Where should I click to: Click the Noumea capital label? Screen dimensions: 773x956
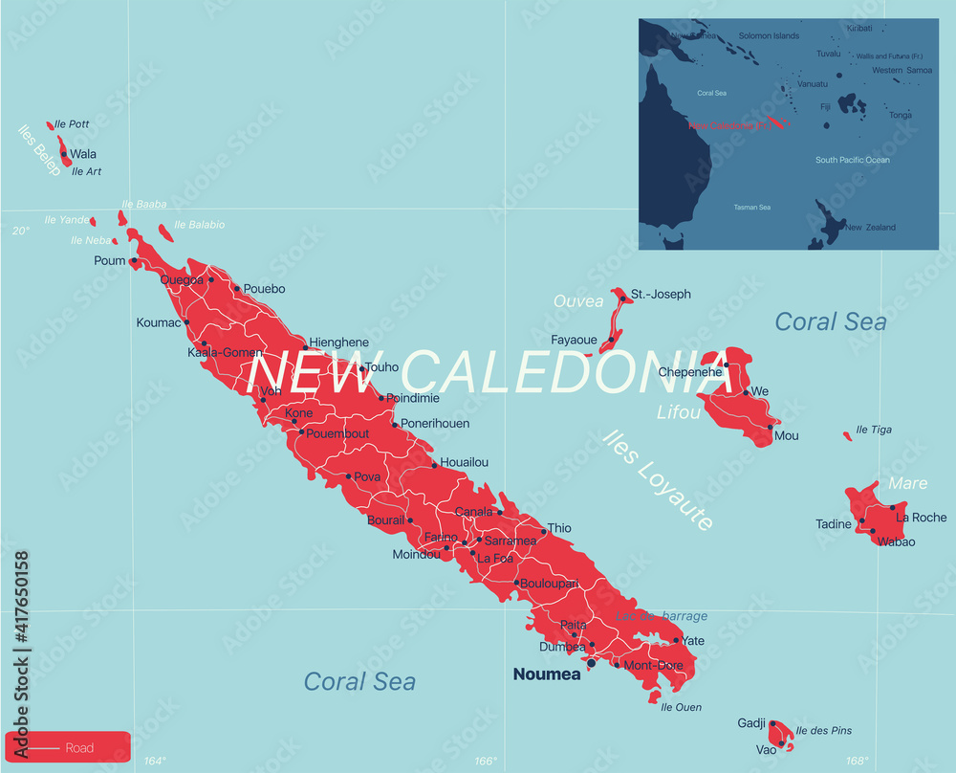[546, 674]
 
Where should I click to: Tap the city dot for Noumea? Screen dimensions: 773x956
[591, 662]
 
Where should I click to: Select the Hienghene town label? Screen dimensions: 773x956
[338, 342]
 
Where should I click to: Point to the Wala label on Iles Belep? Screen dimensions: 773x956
[83, 154]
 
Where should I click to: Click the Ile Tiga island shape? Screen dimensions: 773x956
[847, 436]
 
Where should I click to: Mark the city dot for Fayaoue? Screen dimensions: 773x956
[612, 340]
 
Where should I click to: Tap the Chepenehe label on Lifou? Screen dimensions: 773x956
[690, 372]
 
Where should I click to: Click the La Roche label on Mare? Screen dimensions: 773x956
[922, 518]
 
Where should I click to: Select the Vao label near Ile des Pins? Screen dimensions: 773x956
[766, 750]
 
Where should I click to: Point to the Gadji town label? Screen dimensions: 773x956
[751, 723]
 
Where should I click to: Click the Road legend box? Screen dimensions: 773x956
[67, 747]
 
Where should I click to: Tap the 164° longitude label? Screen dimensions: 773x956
[155, 762]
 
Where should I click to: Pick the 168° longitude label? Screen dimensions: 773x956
[858, 762]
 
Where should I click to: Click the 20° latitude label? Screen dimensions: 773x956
[21, 231]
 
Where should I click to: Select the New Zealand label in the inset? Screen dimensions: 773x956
[870, 228]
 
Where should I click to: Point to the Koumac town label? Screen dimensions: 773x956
[158, 323]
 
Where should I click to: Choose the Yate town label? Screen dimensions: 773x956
[692, 641]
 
